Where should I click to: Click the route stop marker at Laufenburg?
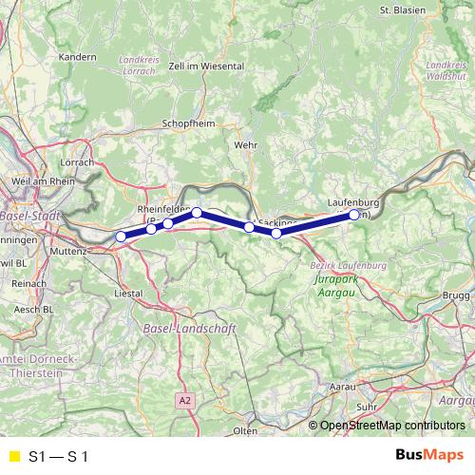[x=354, y=215]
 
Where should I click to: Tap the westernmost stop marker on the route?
[x=121, y=237]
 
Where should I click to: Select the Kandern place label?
[x=78, y=57]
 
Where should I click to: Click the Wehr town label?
[x=244, y=144]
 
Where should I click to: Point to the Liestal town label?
[x=127, y=294]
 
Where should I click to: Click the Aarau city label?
[x=342, y=387]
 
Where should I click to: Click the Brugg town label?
[x=456, y=297]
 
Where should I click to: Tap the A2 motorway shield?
[x=185, y=401]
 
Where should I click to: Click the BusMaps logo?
[x=429, y=456]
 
